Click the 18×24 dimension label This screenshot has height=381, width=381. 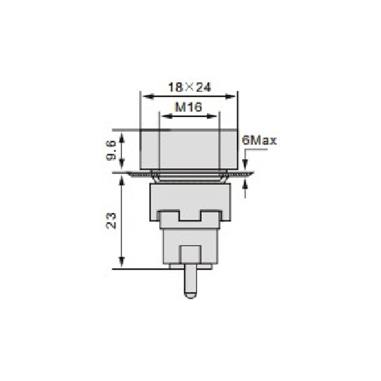(x=190, y=88)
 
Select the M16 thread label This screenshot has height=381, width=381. (x=189, y=107)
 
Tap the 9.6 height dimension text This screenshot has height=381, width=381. (x=111, y=151)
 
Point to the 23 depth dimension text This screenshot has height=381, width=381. (x=111, y=221)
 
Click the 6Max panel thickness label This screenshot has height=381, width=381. (x=260, y=140)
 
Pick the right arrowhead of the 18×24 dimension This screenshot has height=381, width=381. (x=231, y=97)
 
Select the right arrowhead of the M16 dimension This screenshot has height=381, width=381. (x=211, y=116)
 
